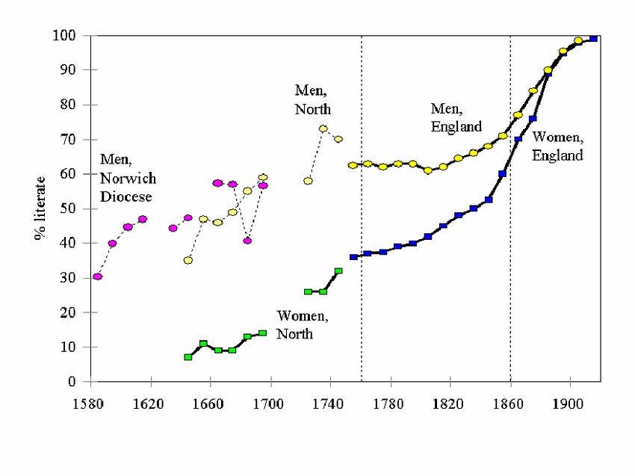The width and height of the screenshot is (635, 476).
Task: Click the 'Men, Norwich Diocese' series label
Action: (x=127, y=179)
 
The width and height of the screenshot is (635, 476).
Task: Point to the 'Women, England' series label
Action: (x=557, y=147)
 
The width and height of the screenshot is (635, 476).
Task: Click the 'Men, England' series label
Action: (x=456, y=117)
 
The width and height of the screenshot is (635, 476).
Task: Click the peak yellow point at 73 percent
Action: (x=323, y=129)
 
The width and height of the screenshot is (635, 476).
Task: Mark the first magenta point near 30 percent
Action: (x=97, y=276)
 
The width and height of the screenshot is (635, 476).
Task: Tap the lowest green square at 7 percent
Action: (x=188, y=357)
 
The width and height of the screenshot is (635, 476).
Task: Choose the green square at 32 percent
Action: (x=338, y=271)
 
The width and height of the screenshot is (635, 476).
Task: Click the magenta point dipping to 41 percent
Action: (x=247, y=241)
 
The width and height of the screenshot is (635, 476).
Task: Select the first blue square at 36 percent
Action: (x=353, y=257)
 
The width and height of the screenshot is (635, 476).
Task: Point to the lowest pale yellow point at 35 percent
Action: (x=188, y=261)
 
